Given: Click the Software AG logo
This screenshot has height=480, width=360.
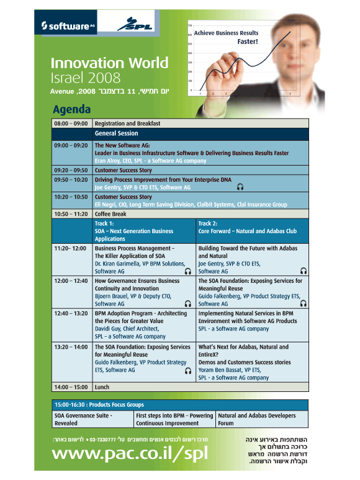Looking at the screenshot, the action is tap(68, 26).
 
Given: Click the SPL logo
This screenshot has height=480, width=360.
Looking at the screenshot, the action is tap(135, 24).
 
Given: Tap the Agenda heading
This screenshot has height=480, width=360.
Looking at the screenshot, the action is tap(72, 109).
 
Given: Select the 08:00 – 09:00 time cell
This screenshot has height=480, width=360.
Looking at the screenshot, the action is tap(71, 123).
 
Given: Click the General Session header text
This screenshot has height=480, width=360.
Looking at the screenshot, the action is tap(117, 133).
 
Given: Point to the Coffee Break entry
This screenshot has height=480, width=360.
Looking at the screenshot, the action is tap(110, 214).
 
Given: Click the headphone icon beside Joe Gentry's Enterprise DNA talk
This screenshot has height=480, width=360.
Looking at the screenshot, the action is tap(240, 187).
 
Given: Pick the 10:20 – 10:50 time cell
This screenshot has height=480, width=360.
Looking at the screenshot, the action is tap(71, 197).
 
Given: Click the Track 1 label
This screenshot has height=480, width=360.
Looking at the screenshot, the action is tap(104, 223).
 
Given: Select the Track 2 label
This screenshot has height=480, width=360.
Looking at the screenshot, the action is tap(208, 223).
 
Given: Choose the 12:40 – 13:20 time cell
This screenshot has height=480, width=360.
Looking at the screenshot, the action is tap(71, 313).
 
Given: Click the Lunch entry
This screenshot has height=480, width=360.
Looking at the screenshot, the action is tap(102, 387).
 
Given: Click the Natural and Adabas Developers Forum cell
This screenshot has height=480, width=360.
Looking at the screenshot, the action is tap(257, 419).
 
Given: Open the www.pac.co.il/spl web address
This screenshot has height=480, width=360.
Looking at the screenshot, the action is tap(130, 454).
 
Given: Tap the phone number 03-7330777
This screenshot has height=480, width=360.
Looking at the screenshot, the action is tap(102, 440).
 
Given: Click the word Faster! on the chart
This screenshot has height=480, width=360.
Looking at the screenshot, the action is tap(248, 42).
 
